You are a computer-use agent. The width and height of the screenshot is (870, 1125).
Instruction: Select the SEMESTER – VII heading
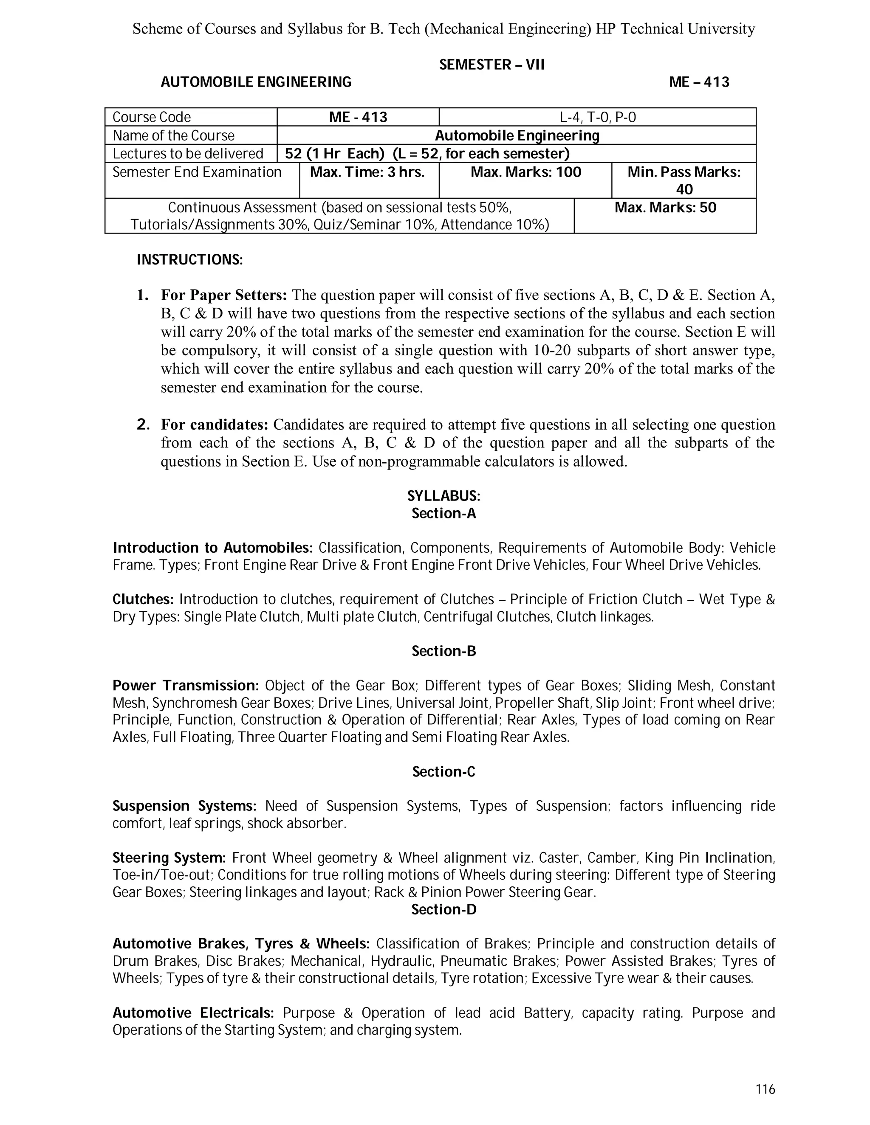(491, 65)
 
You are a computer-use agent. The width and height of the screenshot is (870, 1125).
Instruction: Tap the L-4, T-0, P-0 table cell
(597, 118)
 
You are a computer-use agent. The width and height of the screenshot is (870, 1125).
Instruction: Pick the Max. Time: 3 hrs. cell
(367, 172)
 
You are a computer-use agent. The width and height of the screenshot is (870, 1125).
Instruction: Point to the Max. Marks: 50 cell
(665, 208)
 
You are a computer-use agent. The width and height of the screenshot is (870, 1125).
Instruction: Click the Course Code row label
(152, 118)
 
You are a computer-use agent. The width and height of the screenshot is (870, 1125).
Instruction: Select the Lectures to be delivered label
(188, 154)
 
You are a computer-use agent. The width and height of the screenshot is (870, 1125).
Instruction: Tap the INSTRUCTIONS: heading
(189, 260)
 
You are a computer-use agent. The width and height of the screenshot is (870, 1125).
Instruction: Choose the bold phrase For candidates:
(215, 425)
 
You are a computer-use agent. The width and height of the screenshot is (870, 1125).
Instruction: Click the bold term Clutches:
(143, 599)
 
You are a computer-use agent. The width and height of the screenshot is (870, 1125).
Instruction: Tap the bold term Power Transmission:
(186, 686)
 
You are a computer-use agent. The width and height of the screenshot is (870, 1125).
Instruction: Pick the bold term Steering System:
(169, 858)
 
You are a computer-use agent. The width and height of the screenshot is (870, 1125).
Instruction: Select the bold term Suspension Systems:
(184, 806)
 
